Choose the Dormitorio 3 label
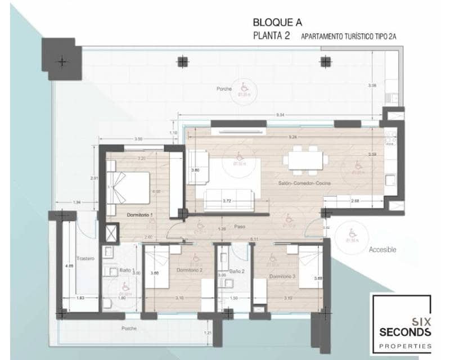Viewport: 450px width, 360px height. point(282,277)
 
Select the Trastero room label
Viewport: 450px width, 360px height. point(86,258)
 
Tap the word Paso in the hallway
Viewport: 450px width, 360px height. point(240,227)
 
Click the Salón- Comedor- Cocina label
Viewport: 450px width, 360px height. point(304,184)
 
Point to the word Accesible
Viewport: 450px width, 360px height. point(383,249)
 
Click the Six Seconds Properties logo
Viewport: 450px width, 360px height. point(400,324)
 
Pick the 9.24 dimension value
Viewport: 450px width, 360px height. point(291,137)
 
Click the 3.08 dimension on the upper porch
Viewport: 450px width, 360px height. point(371,85)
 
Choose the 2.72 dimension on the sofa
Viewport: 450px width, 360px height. point(227,200)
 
